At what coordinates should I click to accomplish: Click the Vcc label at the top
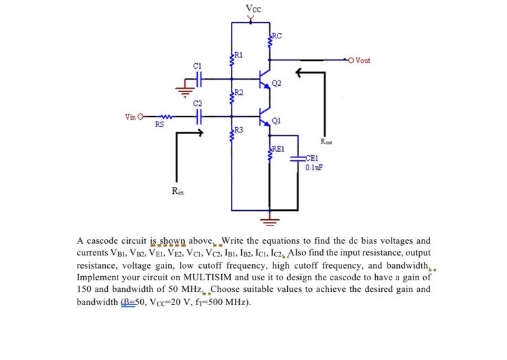pos(252,8)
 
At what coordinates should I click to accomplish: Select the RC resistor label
pos(277,36)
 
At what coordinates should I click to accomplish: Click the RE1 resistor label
pos(279,148)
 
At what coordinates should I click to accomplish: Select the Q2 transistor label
pos(276,84)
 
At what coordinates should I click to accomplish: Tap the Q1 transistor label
pos(276,121)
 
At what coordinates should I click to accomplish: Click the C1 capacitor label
pos(197,66)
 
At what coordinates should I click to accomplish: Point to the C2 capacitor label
pos(197,103)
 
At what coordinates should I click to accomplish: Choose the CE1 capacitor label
pos(313,157)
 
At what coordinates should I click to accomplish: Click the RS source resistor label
pos(159,125)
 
